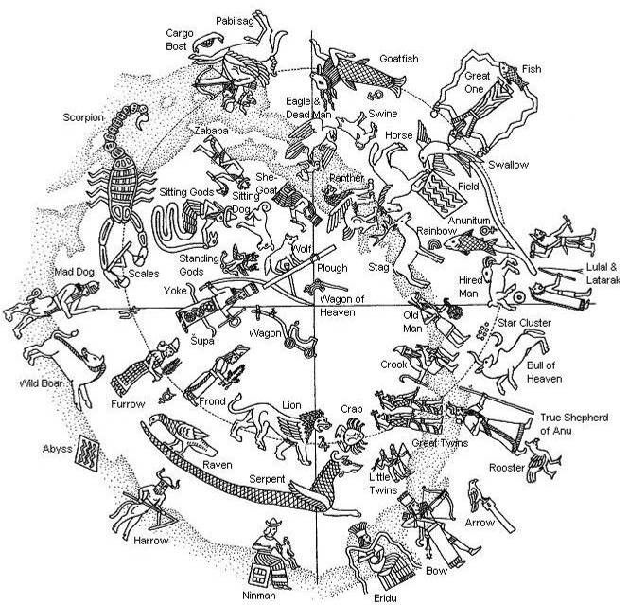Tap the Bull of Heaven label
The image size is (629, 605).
point(545,373)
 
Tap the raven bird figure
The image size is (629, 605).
point(183,433)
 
